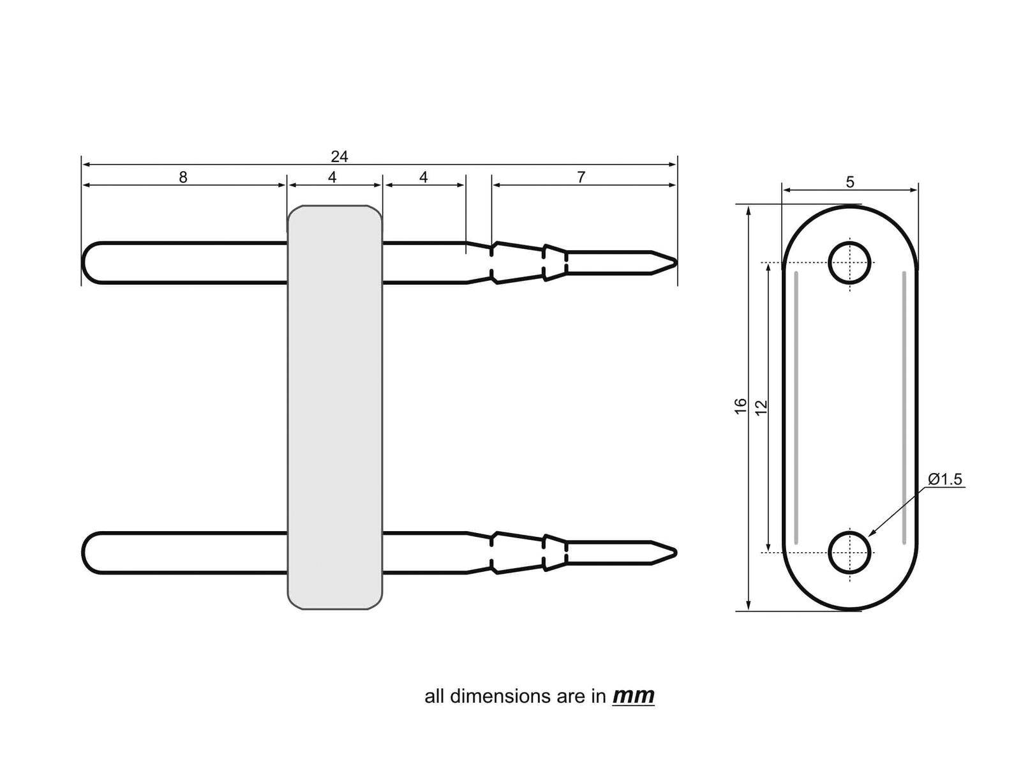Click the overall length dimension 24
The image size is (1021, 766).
tap(339, 156)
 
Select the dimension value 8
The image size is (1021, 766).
tap(183, 177)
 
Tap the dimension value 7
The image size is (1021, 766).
tap(581, 177)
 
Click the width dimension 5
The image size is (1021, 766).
tap(850, 182)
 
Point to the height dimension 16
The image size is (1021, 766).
tap(741, 406)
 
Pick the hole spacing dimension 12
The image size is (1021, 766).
tap(761, 407)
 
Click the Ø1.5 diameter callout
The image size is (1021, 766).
tap(945, 479)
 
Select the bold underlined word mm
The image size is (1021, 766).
tap(633, 695)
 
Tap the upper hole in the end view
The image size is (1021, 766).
tap(849, 262)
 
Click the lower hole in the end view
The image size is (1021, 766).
tap(849, 552)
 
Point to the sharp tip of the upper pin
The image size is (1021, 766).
tap(674, 262)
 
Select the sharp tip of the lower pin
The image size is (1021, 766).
tap(674, 552)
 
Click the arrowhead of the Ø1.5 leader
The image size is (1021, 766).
tap(871, 533)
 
